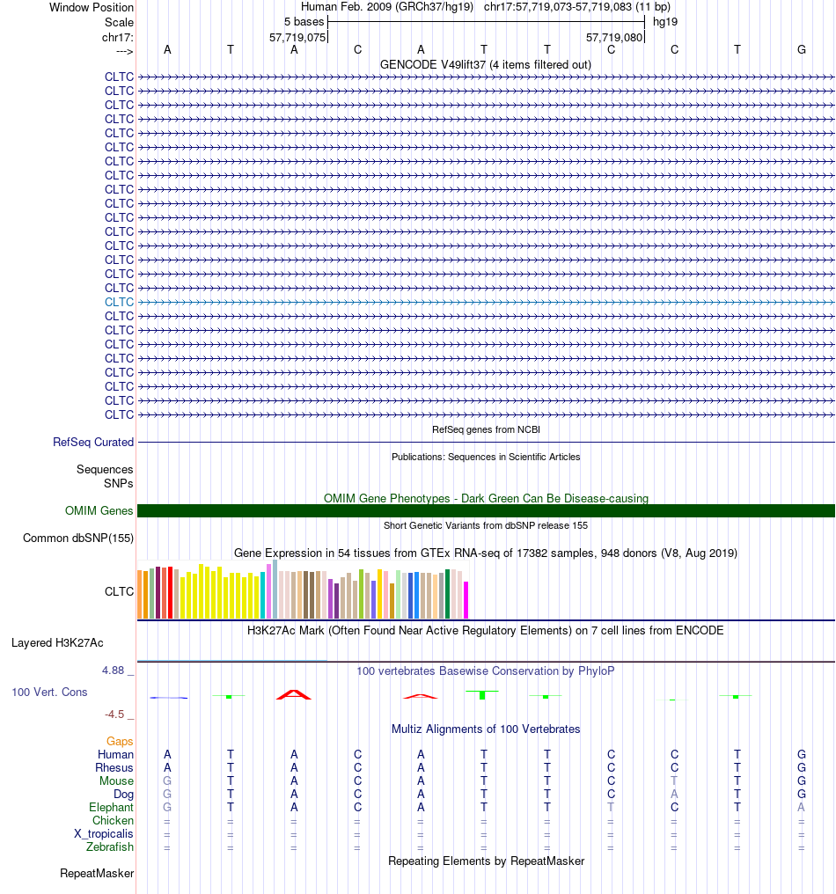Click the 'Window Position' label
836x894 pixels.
coord(92,7)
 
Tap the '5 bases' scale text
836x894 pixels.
coord(304,22)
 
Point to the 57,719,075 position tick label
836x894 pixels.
coord(297,38)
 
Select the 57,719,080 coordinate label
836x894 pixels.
coord(614,38)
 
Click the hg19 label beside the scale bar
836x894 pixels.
coord(665,22)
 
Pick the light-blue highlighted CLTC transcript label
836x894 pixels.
coord(119,302)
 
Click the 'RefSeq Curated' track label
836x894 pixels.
coord(93,442)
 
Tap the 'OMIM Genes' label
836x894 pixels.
coord(99,510)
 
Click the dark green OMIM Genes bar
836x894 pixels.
coord(486,511)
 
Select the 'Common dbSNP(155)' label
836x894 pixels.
coord(78,538)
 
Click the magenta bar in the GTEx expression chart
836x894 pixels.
coord(466,600)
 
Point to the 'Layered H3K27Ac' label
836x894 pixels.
coord(57,642)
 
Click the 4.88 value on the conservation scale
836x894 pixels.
coord(113,670)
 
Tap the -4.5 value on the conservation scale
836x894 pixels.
coord(114,714)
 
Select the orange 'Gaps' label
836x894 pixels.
coord(120,741)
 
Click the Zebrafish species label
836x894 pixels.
coord(109,846)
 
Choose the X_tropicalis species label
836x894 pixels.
coord(103,833)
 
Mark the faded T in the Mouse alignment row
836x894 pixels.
coord(674,780)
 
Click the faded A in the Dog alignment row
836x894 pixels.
coord(674,794)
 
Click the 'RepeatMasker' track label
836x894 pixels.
coord(97,873)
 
